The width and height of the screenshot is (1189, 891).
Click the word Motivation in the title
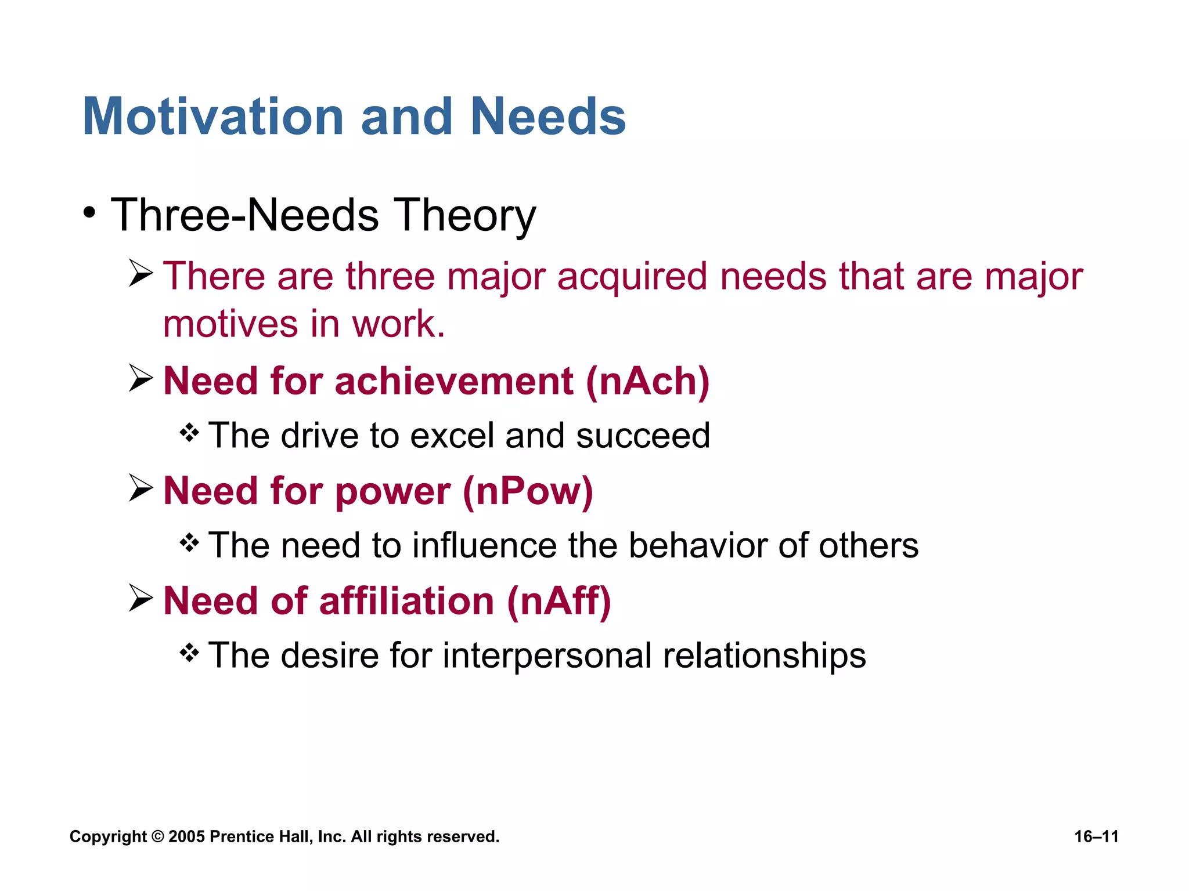pos(214,117)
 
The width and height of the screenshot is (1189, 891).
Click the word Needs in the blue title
pos(547,117)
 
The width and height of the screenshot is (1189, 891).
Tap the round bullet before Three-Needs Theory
pos(89,213)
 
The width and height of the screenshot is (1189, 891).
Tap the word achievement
pos(454,381)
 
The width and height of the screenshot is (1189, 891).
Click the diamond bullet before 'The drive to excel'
pos(189,433)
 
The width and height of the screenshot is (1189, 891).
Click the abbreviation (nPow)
pos(528,491)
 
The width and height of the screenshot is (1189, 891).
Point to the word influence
pos(484,546)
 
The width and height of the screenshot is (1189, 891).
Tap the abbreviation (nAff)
pos(559,600)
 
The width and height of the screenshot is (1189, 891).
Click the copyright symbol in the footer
pos(157,836)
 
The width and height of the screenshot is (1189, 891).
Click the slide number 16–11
pos(1096,836)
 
